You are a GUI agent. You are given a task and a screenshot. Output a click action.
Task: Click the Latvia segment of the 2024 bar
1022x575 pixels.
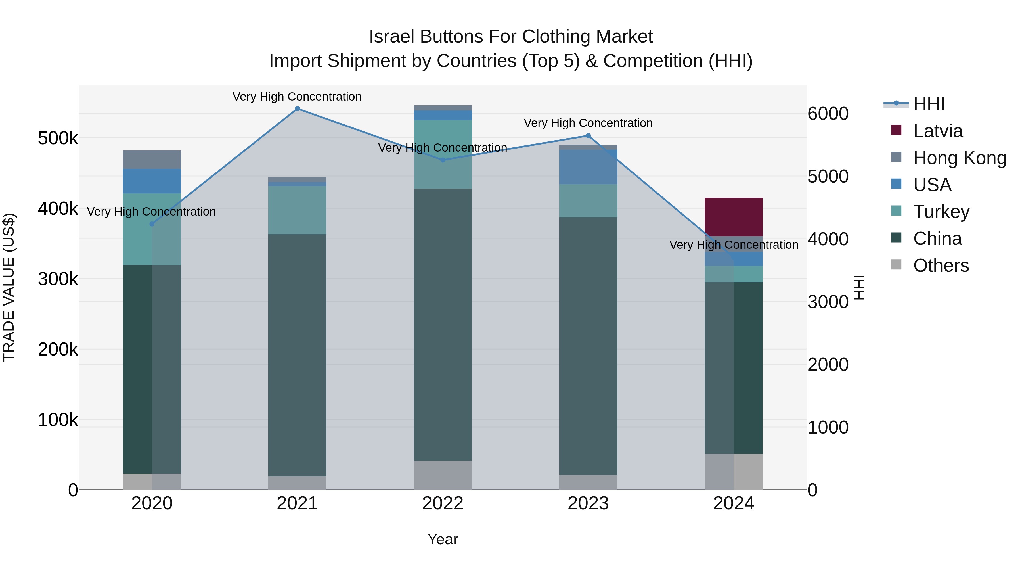click(x=733, y=217)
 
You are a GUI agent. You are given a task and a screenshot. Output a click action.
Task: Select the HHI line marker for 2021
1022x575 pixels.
click(x=297, y=109)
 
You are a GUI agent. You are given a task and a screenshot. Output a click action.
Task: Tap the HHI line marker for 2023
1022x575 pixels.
click(x=588, y=136)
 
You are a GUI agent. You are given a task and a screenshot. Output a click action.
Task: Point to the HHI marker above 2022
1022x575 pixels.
click(x=443, y=160)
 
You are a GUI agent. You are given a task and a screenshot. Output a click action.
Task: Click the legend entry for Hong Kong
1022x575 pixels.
click(x=959, y=158)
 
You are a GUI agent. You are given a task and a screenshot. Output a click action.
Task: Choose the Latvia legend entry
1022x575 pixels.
click(x=937, y=131)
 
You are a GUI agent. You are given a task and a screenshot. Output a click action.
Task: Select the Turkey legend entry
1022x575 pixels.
click(x=941, y=212)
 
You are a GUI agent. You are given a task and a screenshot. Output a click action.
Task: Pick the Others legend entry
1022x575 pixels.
click(x=941, y=265)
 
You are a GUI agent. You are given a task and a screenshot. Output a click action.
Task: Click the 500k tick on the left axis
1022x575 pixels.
click(x=58, y=139)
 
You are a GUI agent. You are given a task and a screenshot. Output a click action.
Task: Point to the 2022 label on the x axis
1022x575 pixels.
click(x=443, y=503)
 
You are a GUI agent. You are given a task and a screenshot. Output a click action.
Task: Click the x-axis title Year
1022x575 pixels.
click(x=443, y=539)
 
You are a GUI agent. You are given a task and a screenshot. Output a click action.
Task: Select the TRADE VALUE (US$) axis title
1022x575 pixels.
click(x=9, y=287)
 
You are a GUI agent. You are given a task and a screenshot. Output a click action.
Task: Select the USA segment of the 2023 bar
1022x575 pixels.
click(x=588, y=167)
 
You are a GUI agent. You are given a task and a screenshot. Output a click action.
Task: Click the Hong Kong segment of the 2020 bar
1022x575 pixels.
click(x=152, y=160)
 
